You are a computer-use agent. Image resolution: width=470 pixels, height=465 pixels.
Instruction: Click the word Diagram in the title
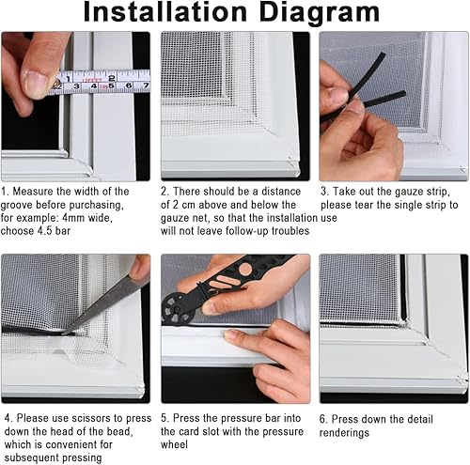click(320, 13)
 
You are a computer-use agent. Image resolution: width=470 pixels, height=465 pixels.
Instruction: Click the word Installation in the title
click(165, 12)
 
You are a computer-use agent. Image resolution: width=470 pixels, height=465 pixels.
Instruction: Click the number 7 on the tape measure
click(146, 85)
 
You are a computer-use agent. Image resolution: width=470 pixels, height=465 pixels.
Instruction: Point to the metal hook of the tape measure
click(57, 85)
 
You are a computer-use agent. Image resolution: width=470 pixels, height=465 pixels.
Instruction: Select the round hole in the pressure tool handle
click(245, 269)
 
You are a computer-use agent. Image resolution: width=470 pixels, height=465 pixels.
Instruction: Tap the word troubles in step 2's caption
click(290, 231)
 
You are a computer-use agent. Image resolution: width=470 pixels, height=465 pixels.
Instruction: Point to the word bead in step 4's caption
click(117, 431)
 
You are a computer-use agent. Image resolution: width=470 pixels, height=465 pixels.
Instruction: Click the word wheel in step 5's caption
click(174, 444)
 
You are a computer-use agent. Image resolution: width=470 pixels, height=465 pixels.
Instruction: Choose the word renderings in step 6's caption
click(344, 433)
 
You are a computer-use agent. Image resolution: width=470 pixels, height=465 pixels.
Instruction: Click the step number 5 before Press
click(164, 418)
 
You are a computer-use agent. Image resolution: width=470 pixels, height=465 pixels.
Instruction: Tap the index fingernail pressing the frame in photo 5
click(232, 334)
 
